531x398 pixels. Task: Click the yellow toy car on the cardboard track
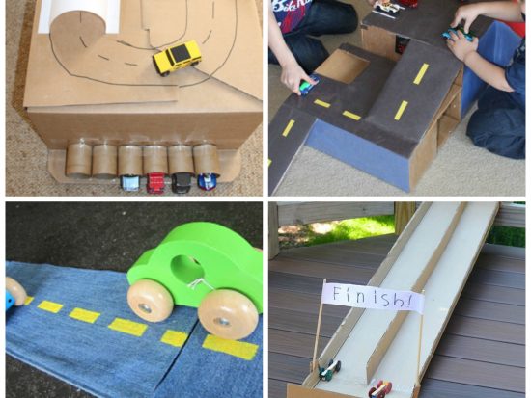coord(177,57)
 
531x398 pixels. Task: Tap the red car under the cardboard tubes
coord(154,182)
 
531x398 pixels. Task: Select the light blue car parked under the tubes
coord(129,182)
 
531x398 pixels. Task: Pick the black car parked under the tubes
coord(181,182)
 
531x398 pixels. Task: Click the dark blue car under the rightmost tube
coord(207,181)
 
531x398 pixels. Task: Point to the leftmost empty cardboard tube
coord(78,160)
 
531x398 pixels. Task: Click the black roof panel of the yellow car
coord(180,53)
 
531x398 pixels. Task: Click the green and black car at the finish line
coord(329,370)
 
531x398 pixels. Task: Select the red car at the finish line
coord(380,389)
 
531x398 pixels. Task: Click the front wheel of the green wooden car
coord(229,314)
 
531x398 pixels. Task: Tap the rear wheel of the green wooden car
coord(150,301)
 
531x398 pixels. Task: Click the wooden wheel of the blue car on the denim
coord(14,291)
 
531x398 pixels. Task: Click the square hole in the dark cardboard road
coord(342,66)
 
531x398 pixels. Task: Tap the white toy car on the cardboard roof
coord(388,8)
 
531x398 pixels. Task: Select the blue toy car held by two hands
coord(458,34)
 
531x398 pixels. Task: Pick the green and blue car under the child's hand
coord(309,85)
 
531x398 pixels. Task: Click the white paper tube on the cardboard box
coord(79,16)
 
